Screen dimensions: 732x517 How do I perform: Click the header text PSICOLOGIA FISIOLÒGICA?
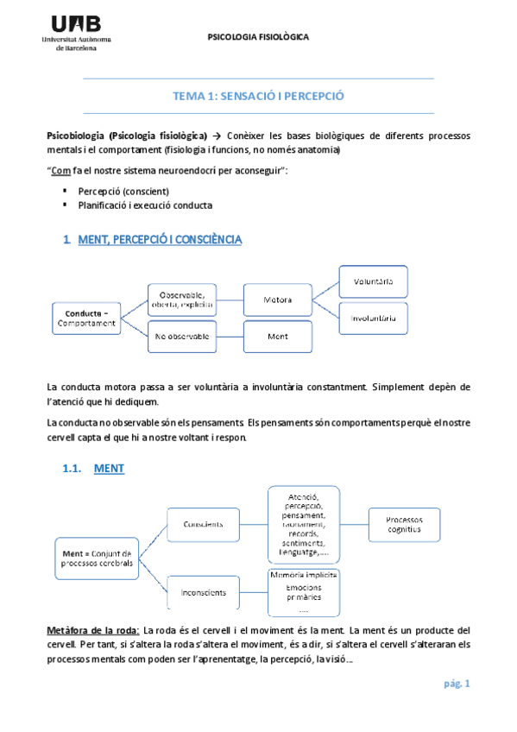tap(259, 37)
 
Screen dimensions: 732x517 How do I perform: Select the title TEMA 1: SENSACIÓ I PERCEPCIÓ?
tap(259, 96)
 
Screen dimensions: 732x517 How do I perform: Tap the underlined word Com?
tap(60, 171)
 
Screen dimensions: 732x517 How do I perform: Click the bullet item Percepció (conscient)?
tap(123, 191)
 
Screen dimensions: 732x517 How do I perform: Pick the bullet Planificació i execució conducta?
tap(144, 205)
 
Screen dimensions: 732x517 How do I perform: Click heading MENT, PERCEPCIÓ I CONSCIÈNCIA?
tap(160, 239)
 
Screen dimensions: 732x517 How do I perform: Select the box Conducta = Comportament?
tap(86, 317)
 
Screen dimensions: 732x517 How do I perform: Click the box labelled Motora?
tap(277, 300)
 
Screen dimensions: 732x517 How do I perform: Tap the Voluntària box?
tap(373, 281)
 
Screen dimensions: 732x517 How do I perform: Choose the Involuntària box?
tap(373, 318)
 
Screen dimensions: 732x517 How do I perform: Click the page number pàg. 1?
tap(456, 684)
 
